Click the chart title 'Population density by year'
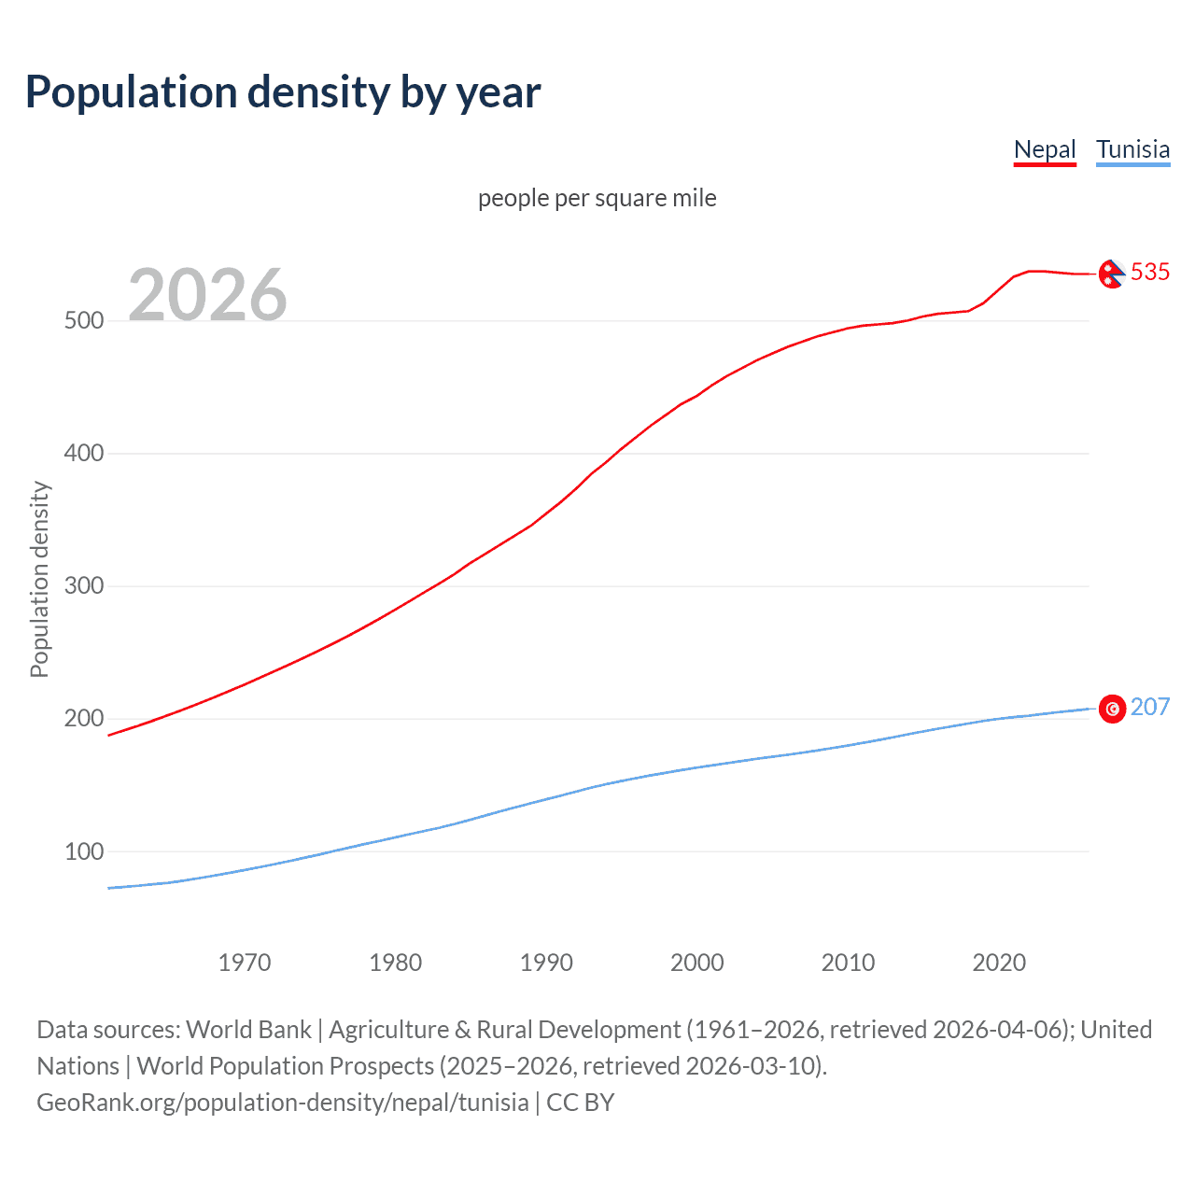pos(283,92)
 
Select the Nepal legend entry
pos(1045,149)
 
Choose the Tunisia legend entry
pos(1132,149)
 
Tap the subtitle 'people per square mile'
pos(597,199)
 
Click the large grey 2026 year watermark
pos(207,295)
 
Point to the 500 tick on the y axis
pos(83,321)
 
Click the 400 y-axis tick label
pos(83,454)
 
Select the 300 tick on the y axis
pos(83,586)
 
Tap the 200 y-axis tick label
pos(83,719)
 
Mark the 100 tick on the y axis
pos(83,851)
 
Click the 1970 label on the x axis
pos(245,963)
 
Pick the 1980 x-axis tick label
pos(396,963)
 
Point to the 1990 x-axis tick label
pos(546,963)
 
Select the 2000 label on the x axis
pos(697,963)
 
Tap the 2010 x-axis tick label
pos(848,963)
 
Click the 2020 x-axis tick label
pos(999,963)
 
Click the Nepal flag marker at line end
pos(1111,274)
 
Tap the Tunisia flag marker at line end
pos(1112,710)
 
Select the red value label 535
pos(1150,272)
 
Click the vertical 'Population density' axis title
pos(39,579)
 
